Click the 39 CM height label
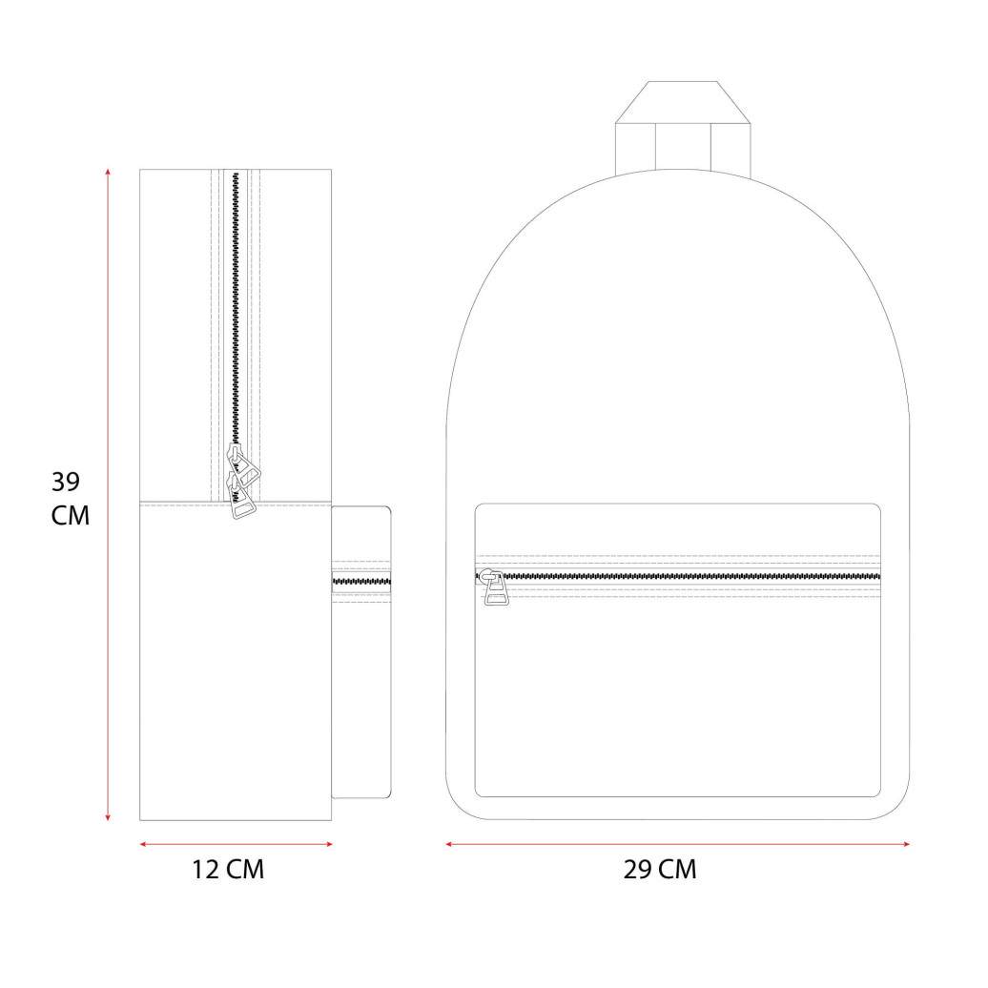[70, 499]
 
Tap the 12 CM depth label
[228, 870]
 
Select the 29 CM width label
[660, 870]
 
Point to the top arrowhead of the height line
[108, 172]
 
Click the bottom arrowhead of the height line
[108, 817]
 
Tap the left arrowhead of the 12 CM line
[143, 844]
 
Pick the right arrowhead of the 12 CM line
[328, 844]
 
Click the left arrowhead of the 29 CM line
[449, 844]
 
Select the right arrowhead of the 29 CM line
[905, 844]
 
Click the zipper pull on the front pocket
[494, 587]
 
